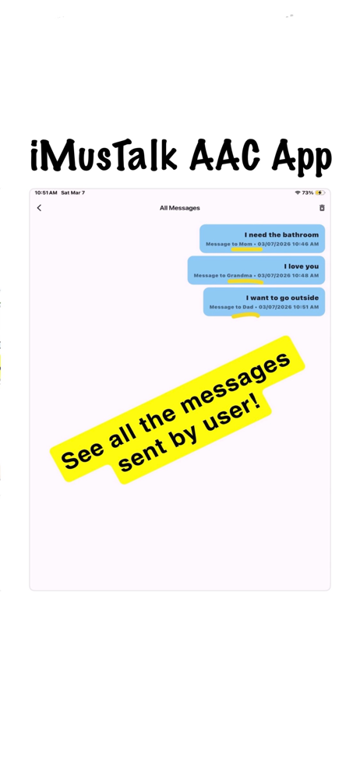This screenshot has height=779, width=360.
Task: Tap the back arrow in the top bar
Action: tap(39, 208)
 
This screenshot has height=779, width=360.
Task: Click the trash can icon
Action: tap(322, 208)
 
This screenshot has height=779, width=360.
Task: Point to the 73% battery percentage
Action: tap(307, 192)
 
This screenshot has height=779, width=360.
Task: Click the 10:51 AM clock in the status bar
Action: tap(46, 192)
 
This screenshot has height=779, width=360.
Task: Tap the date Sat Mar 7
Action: tap(72, 192)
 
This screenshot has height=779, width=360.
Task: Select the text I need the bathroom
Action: tap(281, 234)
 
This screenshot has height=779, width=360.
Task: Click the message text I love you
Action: tap(302, 266)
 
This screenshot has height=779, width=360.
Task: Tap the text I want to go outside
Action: tap(282, 298)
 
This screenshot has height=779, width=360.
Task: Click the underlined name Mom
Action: tap(245, 244)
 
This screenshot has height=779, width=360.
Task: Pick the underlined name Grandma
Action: tap(240, 275)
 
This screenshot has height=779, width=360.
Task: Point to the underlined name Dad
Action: tap(248, 307)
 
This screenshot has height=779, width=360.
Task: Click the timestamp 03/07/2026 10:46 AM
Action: tap(288, 244)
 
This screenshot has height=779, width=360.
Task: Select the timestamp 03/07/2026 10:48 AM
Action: tap(288, 275)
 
